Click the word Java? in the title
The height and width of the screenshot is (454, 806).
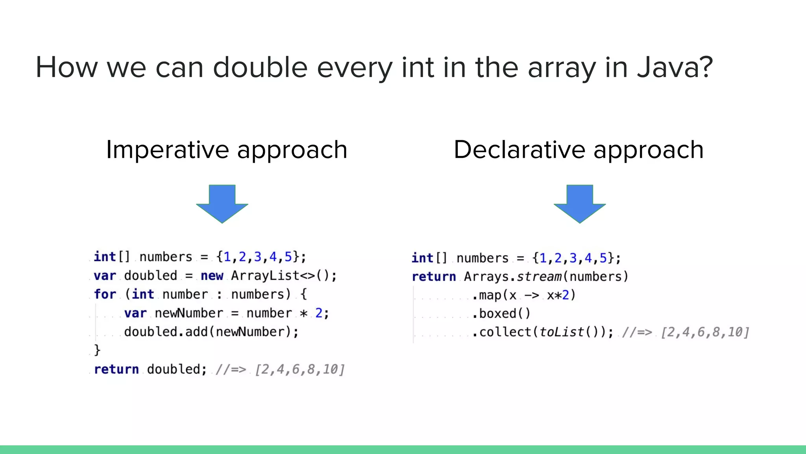point(675,67)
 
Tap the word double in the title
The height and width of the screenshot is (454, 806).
point(260,67)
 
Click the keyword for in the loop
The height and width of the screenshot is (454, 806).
point(105,294)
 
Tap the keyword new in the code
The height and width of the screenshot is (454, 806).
point(212,275)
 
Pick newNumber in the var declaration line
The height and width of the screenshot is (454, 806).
point(189,313)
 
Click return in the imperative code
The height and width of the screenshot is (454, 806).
point(116,369)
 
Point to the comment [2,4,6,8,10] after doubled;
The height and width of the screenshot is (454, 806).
point(299,370)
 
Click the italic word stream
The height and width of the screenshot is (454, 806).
point(539,277)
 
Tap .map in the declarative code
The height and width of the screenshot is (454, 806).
point(486,295)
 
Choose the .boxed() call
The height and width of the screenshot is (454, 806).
point(501,314)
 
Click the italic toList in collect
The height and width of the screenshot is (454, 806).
point(561,332)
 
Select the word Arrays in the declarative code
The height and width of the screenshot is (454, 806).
point(486,277)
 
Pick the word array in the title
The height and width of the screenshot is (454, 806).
point(562,67)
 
